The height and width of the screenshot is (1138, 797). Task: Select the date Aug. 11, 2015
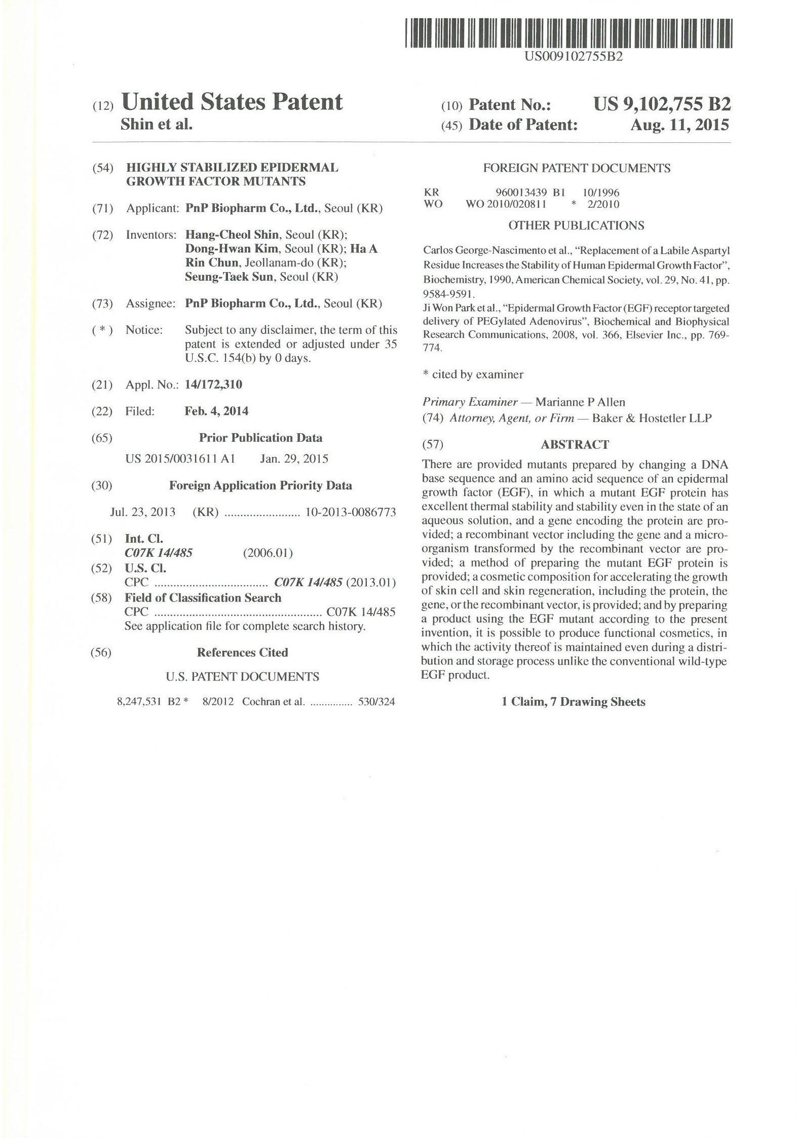[679, 125]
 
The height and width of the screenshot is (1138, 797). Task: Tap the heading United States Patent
[232, 102]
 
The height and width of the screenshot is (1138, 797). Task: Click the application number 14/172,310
[213, 385]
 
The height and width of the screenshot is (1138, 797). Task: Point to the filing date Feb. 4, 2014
[216, 411]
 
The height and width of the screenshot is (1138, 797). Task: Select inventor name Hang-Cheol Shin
[232, 235]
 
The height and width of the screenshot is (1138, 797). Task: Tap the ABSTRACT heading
[575, 444]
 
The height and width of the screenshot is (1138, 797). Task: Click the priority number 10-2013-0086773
[350, 512]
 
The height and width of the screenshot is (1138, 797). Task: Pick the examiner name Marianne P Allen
[580, 402]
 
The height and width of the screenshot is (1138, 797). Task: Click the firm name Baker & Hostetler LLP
[652, 418]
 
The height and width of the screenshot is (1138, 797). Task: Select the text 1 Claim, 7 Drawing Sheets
[573, 702]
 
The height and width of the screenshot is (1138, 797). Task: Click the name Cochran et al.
[274, 702]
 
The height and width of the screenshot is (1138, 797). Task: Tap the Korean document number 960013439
[521, 192]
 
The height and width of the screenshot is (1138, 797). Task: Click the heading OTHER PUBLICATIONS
[576, 225]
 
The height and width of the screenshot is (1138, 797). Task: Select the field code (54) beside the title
[102, 168]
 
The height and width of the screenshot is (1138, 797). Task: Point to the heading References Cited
[242, 652]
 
